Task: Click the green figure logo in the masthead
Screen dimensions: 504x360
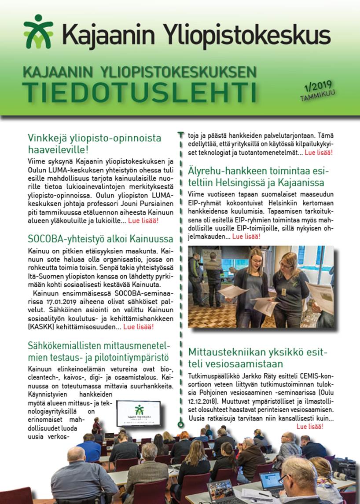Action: tap(39, 32)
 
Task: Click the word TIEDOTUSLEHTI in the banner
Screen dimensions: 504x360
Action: tap(140, 90)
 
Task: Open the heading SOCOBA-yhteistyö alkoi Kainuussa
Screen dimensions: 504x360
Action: tap(100, 239)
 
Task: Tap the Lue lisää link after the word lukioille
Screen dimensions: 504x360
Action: tap(143, 220)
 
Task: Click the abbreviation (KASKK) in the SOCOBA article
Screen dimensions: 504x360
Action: tap(40, 327)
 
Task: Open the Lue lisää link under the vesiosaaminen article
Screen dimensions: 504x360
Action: tap(310, 426)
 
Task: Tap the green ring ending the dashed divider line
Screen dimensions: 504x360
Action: tap(180, 425)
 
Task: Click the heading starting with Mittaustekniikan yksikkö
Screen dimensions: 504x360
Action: tap(258, 358)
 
